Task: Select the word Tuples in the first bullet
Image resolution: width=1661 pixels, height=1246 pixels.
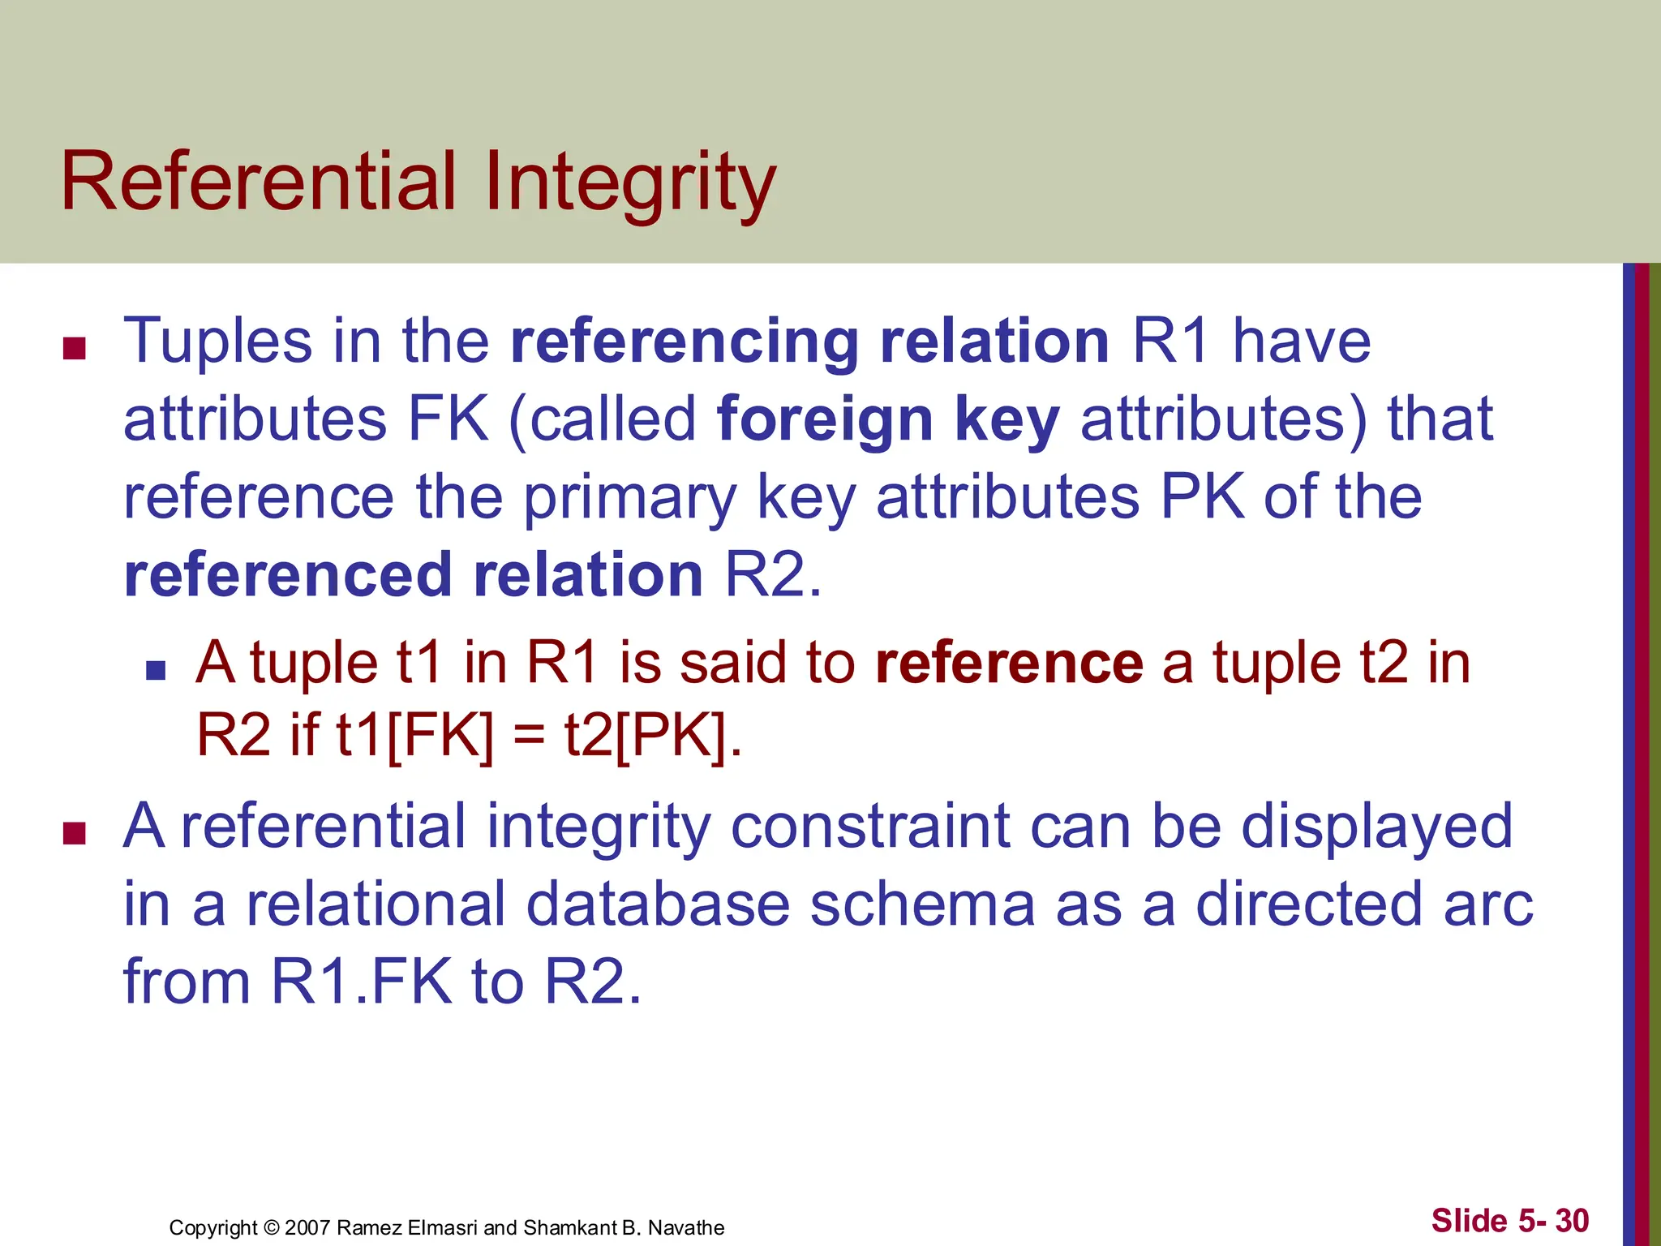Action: pyautogui.click(x=217, y=342)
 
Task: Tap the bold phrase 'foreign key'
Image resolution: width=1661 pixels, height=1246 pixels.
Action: pyautogui.click(x=888, y=419)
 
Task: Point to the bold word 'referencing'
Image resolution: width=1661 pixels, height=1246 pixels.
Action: pyautogui.click(x=685, y=342)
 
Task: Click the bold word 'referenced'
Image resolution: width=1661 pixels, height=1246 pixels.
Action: pyautogui.click(x=288, y=575)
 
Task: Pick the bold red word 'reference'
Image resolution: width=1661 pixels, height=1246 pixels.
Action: pyautogui.click(x=1009, y=663)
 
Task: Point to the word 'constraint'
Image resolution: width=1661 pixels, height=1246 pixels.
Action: pyautogui.click(x=870, y=827)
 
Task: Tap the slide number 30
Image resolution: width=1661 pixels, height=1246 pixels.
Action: pyautogui.click(x=1572, y=1220)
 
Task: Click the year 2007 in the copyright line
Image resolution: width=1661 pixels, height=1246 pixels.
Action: pyautogui.click(x=307, y=1227)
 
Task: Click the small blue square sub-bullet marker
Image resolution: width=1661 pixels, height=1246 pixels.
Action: pyautogui.click(x=156, y=670)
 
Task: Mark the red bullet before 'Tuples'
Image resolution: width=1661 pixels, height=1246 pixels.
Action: pyautogui.click(x=75, y=349)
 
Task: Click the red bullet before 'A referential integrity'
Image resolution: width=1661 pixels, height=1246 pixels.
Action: pyautogui.click(x=75, y=834)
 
